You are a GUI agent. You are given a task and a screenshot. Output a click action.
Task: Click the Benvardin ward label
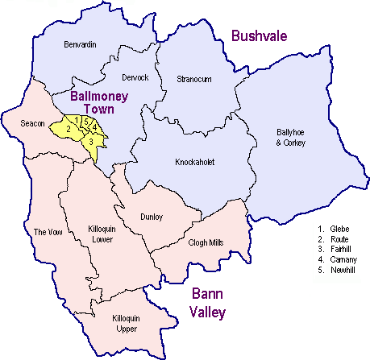point(80,45)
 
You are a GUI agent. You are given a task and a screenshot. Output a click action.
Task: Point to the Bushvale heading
point(259,35)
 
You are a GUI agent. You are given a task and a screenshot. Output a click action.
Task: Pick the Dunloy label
point(151,217)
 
